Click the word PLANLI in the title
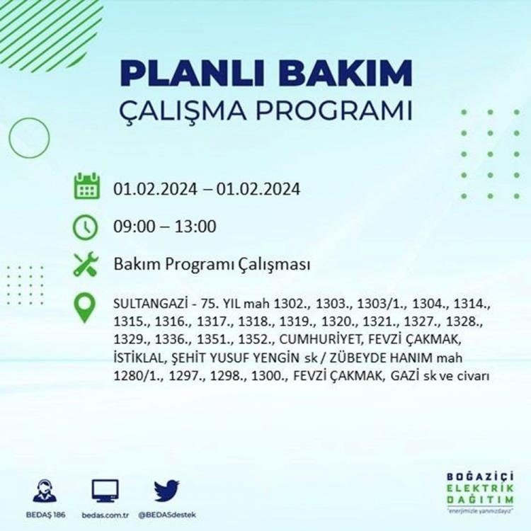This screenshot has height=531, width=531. click(192, 73)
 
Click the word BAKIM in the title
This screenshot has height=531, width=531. click(345, 73)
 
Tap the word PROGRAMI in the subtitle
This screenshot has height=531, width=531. click(334, 110)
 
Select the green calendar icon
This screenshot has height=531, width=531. click(86, 185)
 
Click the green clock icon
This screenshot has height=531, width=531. click(86, 227)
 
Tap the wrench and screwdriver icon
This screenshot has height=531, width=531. click(86, 264)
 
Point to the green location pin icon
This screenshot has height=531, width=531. click(84, 307)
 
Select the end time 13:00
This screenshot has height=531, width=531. click(195, 227)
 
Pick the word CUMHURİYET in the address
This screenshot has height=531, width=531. click(320, 339)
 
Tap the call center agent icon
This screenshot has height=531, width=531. click(45, 491)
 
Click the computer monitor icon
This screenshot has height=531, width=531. click(105, 491)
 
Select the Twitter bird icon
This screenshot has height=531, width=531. click(166, 491)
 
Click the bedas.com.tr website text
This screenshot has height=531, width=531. click(105, 515)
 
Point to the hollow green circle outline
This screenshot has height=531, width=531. click(9, 138)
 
